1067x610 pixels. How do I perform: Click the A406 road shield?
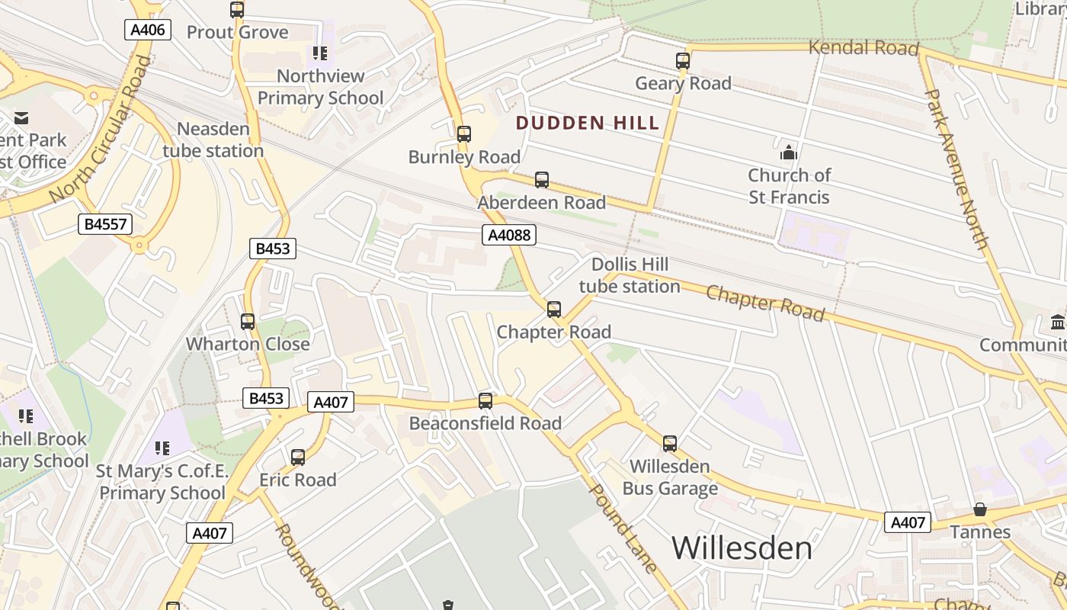pos(148,30)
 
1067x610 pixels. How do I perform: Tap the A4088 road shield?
pos(509,235)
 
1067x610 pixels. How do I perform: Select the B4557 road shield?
pos(105,224)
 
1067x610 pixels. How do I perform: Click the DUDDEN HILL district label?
pos(588,123)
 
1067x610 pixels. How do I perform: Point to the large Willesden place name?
pos(742,547)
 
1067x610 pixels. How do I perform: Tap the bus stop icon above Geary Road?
pos(683,61)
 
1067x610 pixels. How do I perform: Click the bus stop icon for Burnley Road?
pos(464,134)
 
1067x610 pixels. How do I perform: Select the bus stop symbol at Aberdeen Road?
pos(542,180)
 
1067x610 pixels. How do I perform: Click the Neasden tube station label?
pos(213,140)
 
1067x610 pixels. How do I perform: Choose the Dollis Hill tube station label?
pos(630,275)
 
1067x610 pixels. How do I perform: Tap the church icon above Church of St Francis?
pos(788,152)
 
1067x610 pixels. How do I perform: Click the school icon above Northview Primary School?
pos(320,53)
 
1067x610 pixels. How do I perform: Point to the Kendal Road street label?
pos(863,47)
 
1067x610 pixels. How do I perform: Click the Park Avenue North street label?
pos(956,169)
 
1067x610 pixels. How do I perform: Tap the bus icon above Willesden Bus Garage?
pos(670,443)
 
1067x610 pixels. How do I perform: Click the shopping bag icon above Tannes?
pos(980,509)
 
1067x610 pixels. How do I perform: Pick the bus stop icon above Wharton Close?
pos(248,322)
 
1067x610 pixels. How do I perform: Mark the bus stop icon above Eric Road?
pos(298,457)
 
